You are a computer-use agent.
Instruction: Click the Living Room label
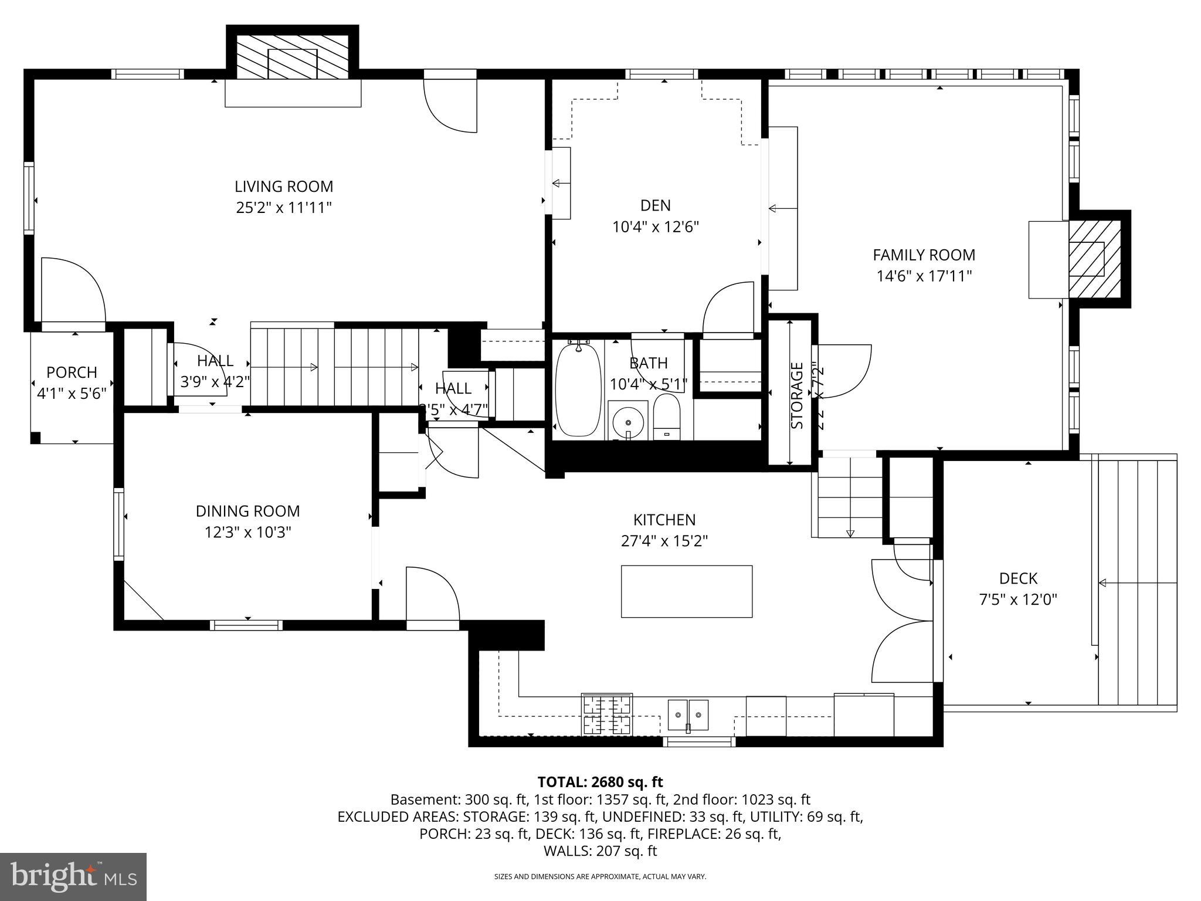pos(284,187)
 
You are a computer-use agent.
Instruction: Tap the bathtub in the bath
pos(578,389)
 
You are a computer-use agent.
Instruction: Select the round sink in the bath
pos(628,421)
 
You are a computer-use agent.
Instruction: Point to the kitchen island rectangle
pos(686,591)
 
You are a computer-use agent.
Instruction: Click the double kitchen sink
pos(688,715)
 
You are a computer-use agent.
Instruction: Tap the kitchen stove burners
pos(607,714)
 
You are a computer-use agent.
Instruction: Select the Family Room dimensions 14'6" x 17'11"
pos(924,276)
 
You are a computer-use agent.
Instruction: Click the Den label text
pos(655,205)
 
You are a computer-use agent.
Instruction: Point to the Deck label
pos(1018,578)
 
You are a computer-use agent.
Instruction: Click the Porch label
pos(72,372)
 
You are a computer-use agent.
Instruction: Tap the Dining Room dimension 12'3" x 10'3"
pos(247,533)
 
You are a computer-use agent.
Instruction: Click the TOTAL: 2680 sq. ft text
pos(600,782)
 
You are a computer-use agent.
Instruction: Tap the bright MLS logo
pos(73,876)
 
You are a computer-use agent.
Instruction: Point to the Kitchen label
pos(664,520)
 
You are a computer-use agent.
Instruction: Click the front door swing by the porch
pos(73,290)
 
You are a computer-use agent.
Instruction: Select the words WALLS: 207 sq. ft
pos(600,851)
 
